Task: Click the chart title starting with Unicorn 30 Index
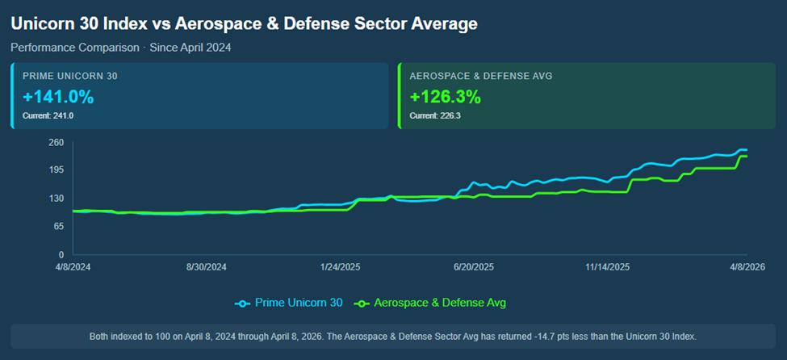[244, 23]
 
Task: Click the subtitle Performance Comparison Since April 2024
[121, 48]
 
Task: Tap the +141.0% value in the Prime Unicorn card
[58, 98]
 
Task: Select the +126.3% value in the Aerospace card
[446, 98]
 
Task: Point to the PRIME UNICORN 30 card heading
[71, 76]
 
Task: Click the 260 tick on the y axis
[56, 143]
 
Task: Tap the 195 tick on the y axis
[56, 170]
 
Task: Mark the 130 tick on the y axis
[56, 199]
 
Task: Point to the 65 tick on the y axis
[58, 226]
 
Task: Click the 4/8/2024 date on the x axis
[73, 266]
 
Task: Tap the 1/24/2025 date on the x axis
[340, 266]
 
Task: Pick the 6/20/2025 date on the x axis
[474, 266]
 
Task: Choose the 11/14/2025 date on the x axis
[608, 266]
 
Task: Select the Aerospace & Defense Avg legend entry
[432, 303]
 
